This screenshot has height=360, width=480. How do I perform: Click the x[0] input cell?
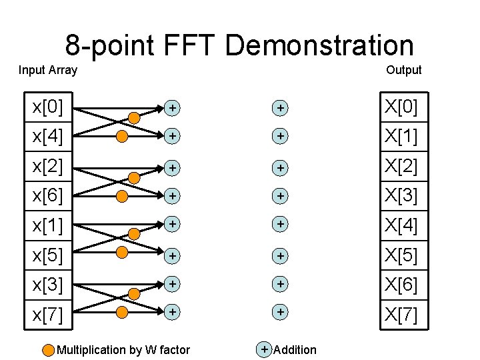(x=48, y=107)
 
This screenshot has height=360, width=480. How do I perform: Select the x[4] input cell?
(x=48, y=137)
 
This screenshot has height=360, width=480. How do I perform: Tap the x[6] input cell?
(x=48, y=196)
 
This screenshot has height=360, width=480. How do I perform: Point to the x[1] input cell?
(x=48, y=226)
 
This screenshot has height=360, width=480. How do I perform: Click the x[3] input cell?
(x=48, y=285)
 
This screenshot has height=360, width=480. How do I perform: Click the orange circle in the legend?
(x=49, y=350)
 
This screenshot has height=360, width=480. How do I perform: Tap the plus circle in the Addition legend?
(x=265, y=349)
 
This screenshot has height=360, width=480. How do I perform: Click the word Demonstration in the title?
(x=319, y=45)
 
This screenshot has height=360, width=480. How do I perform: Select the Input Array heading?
(x=48, y=69)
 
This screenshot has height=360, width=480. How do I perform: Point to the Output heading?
(x=403, y=69)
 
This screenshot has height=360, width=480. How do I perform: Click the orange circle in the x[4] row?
(x=122, y=137)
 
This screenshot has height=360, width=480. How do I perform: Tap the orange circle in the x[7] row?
(x=122, y=311)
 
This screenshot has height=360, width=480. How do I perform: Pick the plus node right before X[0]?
(x=281, y=107)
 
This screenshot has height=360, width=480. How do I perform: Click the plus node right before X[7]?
(x=281, y=311)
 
